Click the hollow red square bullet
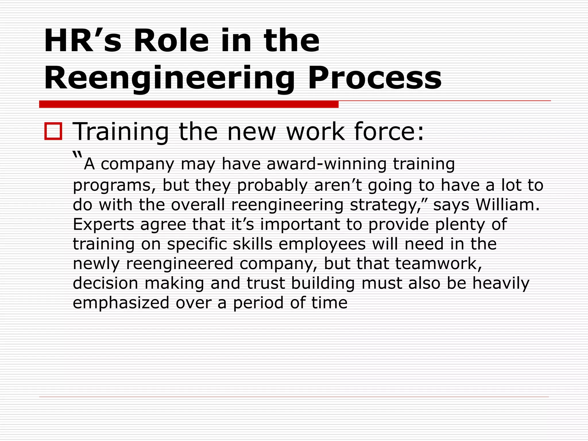53,131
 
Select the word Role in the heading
171,41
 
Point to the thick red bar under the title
189,104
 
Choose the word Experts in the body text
103,224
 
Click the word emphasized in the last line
121,303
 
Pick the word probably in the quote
272,185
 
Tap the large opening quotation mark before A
77,155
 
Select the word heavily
501,283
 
